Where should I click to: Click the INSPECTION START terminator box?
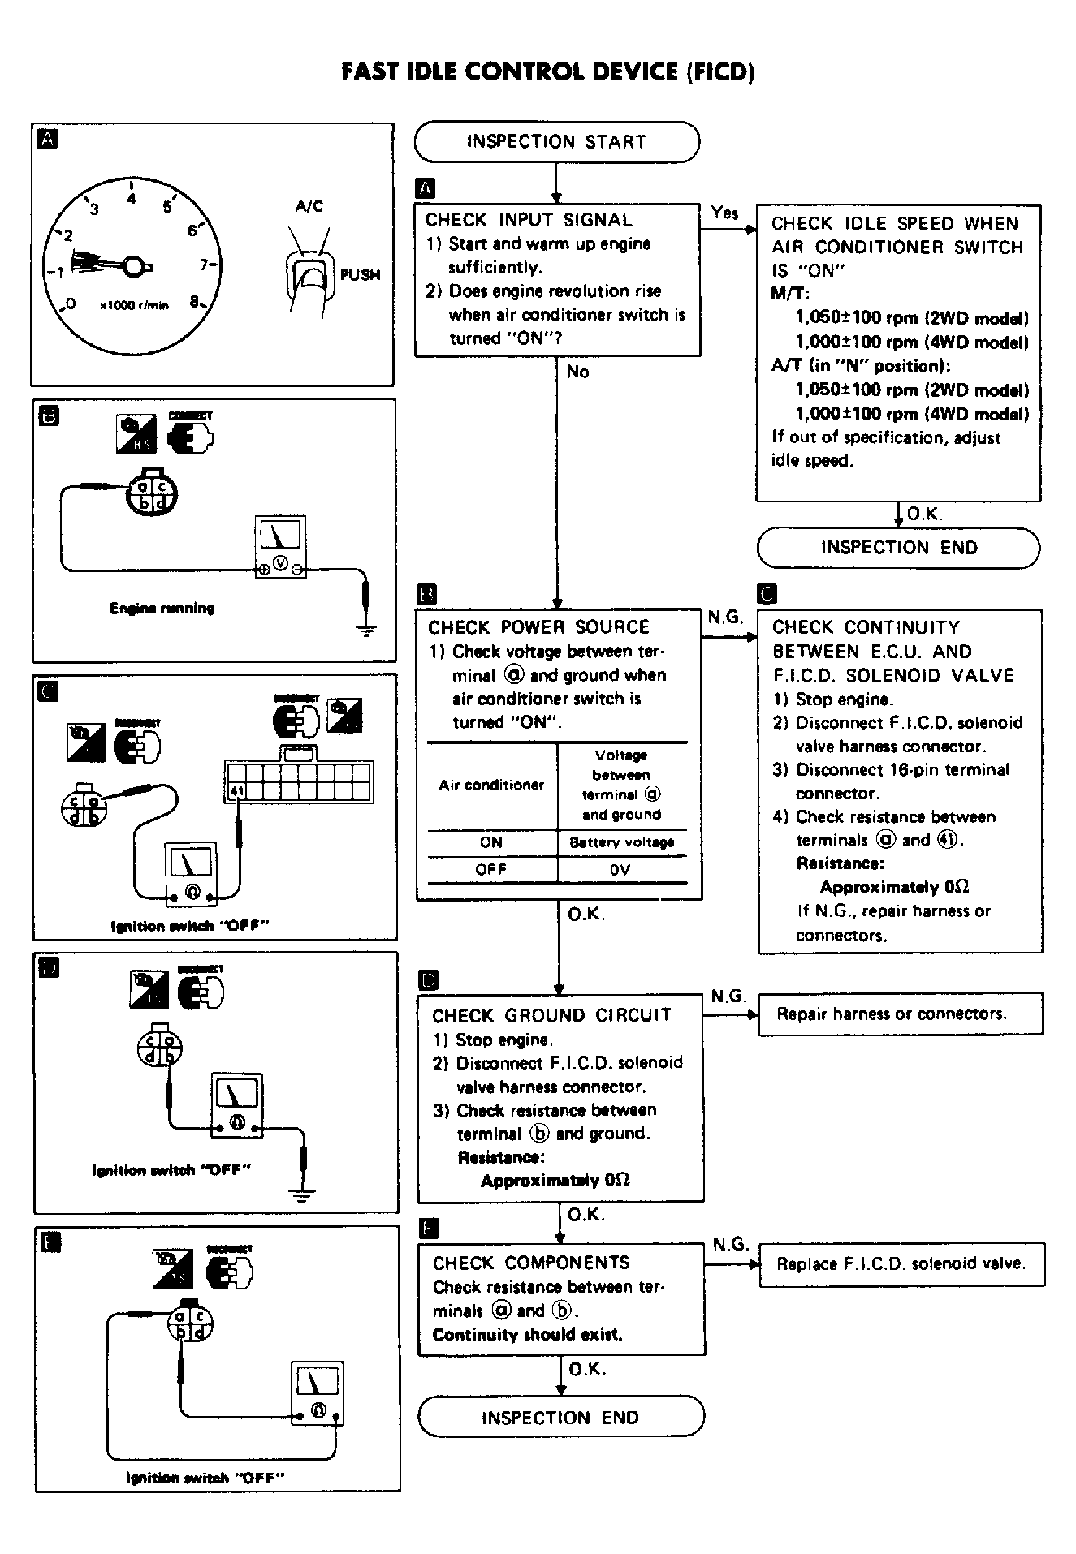(x=556, y=142)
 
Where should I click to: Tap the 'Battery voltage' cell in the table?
(x=621, y=842)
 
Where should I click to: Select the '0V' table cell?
(x=621, y=870)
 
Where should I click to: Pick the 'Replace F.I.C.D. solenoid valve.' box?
(x=901, y=1264)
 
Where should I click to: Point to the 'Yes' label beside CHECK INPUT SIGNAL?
(x=724, y=213)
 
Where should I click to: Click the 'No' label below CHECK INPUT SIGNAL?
(x=577, y=372)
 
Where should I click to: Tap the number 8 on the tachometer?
(x=195, y=301)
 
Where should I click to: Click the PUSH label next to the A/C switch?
(x=360, y=274)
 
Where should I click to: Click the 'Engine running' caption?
(x=162, y=608)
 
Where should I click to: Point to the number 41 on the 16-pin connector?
(x=236, y=790)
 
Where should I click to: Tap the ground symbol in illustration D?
(x=302, y=1192)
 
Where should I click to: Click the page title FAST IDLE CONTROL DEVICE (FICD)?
(x=548, y=72)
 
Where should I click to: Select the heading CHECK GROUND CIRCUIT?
(x=551, y=1015)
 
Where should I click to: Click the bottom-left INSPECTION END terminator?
(x=560, y=1418)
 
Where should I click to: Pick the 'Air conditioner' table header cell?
(x=491, y=785)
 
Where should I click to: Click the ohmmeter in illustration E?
(x=318, y=1393)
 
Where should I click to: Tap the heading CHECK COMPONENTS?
(x=530, y=1263)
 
